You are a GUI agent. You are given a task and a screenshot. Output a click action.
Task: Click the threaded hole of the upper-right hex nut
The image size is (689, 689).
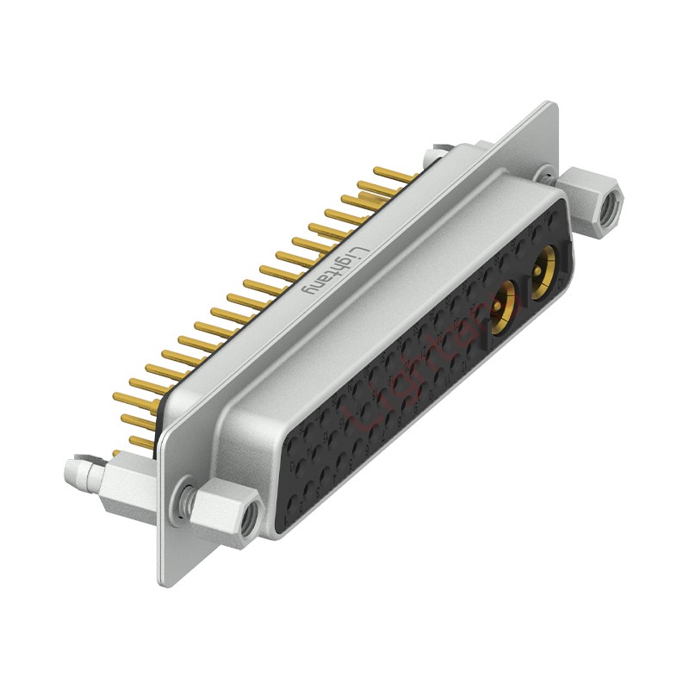pos(611,205)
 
